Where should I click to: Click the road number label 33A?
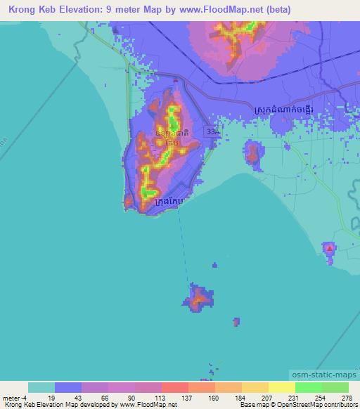(x=214, y=132)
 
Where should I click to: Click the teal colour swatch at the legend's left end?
(x=41, y=387)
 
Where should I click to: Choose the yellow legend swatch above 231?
(x=281, y=387)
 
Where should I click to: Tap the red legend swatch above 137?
(x=174, y=387)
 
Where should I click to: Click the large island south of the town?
(x=200, y=299)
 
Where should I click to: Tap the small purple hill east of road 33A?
(x=252, y=152)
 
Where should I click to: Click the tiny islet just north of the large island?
(x=215, y=266)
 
